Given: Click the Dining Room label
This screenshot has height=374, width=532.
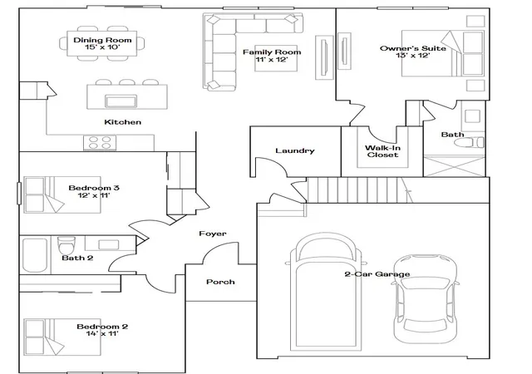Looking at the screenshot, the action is [102, 40].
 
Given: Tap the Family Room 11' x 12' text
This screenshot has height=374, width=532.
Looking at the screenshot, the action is [272, 56].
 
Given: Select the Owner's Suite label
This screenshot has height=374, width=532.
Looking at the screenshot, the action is [413, 48].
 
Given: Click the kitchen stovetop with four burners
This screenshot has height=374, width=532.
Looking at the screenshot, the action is [100, 143].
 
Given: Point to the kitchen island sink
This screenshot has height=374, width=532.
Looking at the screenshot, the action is [121, 101].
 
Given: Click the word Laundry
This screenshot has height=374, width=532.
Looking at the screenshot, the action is [295, 150].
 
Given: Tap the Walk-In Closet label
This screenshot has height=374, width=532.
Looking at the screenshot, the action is [382, 151].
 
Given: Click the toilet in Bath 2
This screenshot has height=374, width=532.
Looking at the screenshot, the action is [66, 245].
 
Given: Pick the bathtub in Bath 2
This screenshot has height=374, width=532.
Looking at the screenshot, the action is [35, 255].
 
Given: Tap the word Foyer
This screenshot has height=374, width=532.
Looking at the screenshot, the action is [213, 234].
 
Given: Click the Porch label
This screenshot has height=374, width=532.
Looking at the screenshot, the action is [220, 282].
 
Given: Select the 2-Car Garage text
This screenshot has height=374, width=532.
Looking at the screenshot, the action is [377, 274].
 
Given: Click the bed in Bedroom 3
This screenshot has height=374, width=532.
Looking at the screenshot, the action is [62, 194].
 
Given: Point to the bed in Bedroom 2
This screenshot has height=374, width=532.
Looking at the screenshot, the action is [62, 337].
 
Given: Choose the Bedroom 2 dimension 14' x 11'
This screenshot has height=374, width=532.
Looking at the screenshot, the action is [102, 334].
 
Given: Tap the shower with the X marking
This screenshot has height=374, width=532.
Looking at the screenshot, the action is [455, 166].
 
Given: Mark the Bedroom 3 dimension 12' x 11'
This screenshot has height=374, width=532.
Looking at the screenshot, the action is [94, 195].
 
